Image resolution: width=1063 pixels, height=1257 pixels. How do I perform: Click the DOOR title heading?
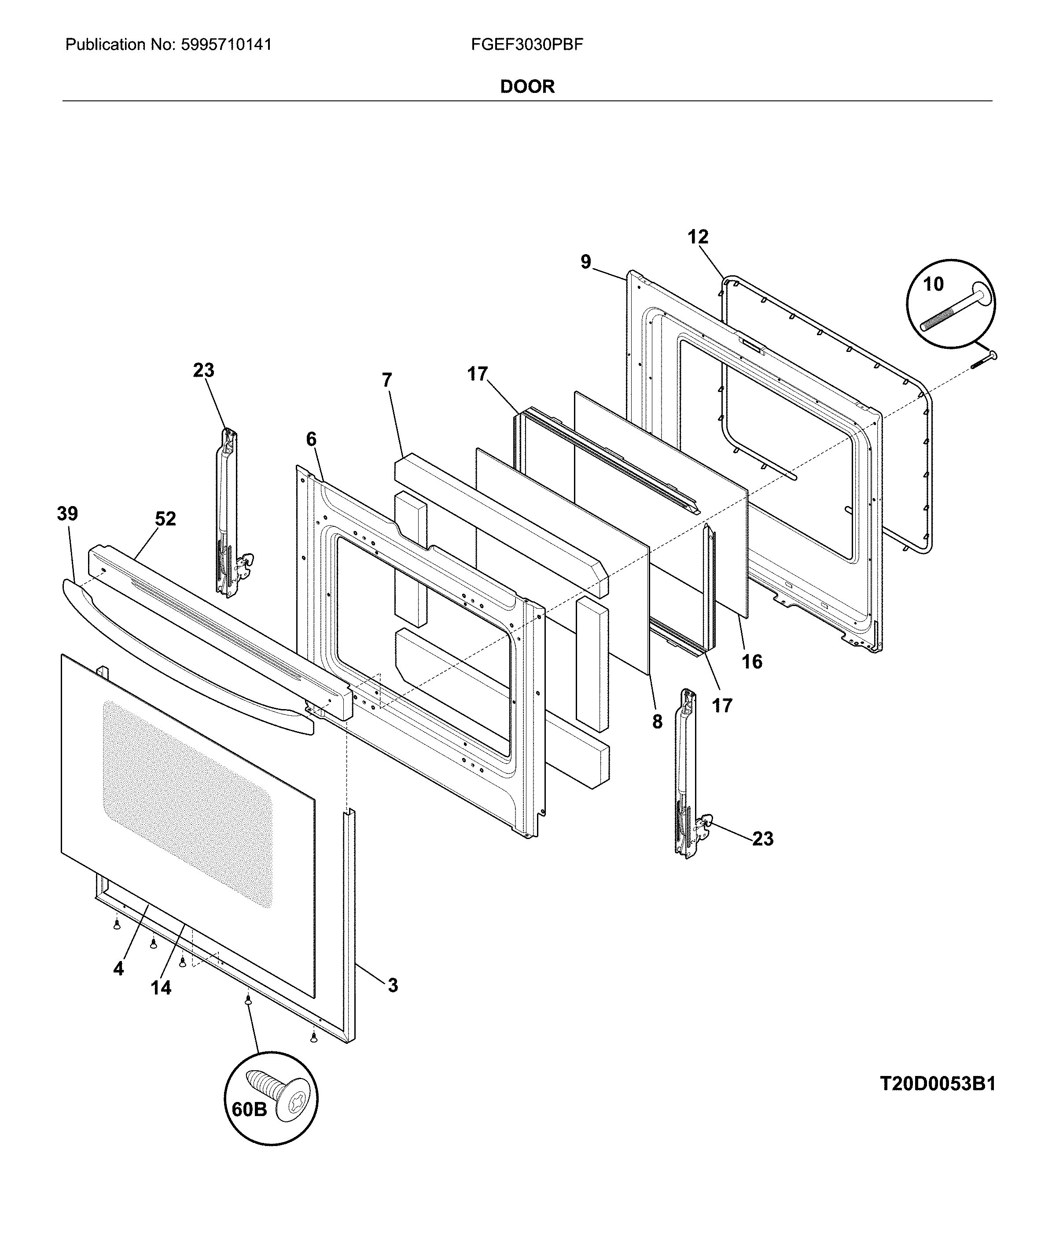click(527, 86)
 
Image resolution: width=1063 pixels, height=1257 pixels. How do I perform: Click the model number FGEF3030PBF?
click(527, 44)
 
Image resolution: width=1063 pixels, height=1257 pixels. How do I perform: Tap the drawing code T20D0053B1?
click(938, 1084)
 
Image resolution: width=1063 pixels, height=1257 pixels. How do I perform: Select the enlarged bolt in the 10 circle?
click(956, 307)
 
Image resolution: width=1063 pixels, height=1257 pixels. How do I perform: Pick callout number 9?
click(586, 262)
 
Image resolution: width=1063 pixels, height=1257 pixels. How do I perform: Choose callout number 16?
click(751, 662)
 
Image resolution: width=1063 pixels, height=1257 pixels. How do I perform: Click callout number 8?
click(657, 721)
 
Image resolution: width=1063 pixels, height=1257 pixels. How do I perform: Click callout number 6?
click(311, 439)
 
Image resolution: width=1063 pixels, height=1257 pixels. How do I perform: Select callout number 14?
click(161, 987)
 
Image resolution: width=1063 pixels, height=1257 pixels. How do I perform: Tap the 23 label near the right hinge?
click(762, 839)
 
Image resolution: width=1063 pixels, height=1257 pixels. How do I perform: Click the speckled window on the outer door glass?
click(187, 802)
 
